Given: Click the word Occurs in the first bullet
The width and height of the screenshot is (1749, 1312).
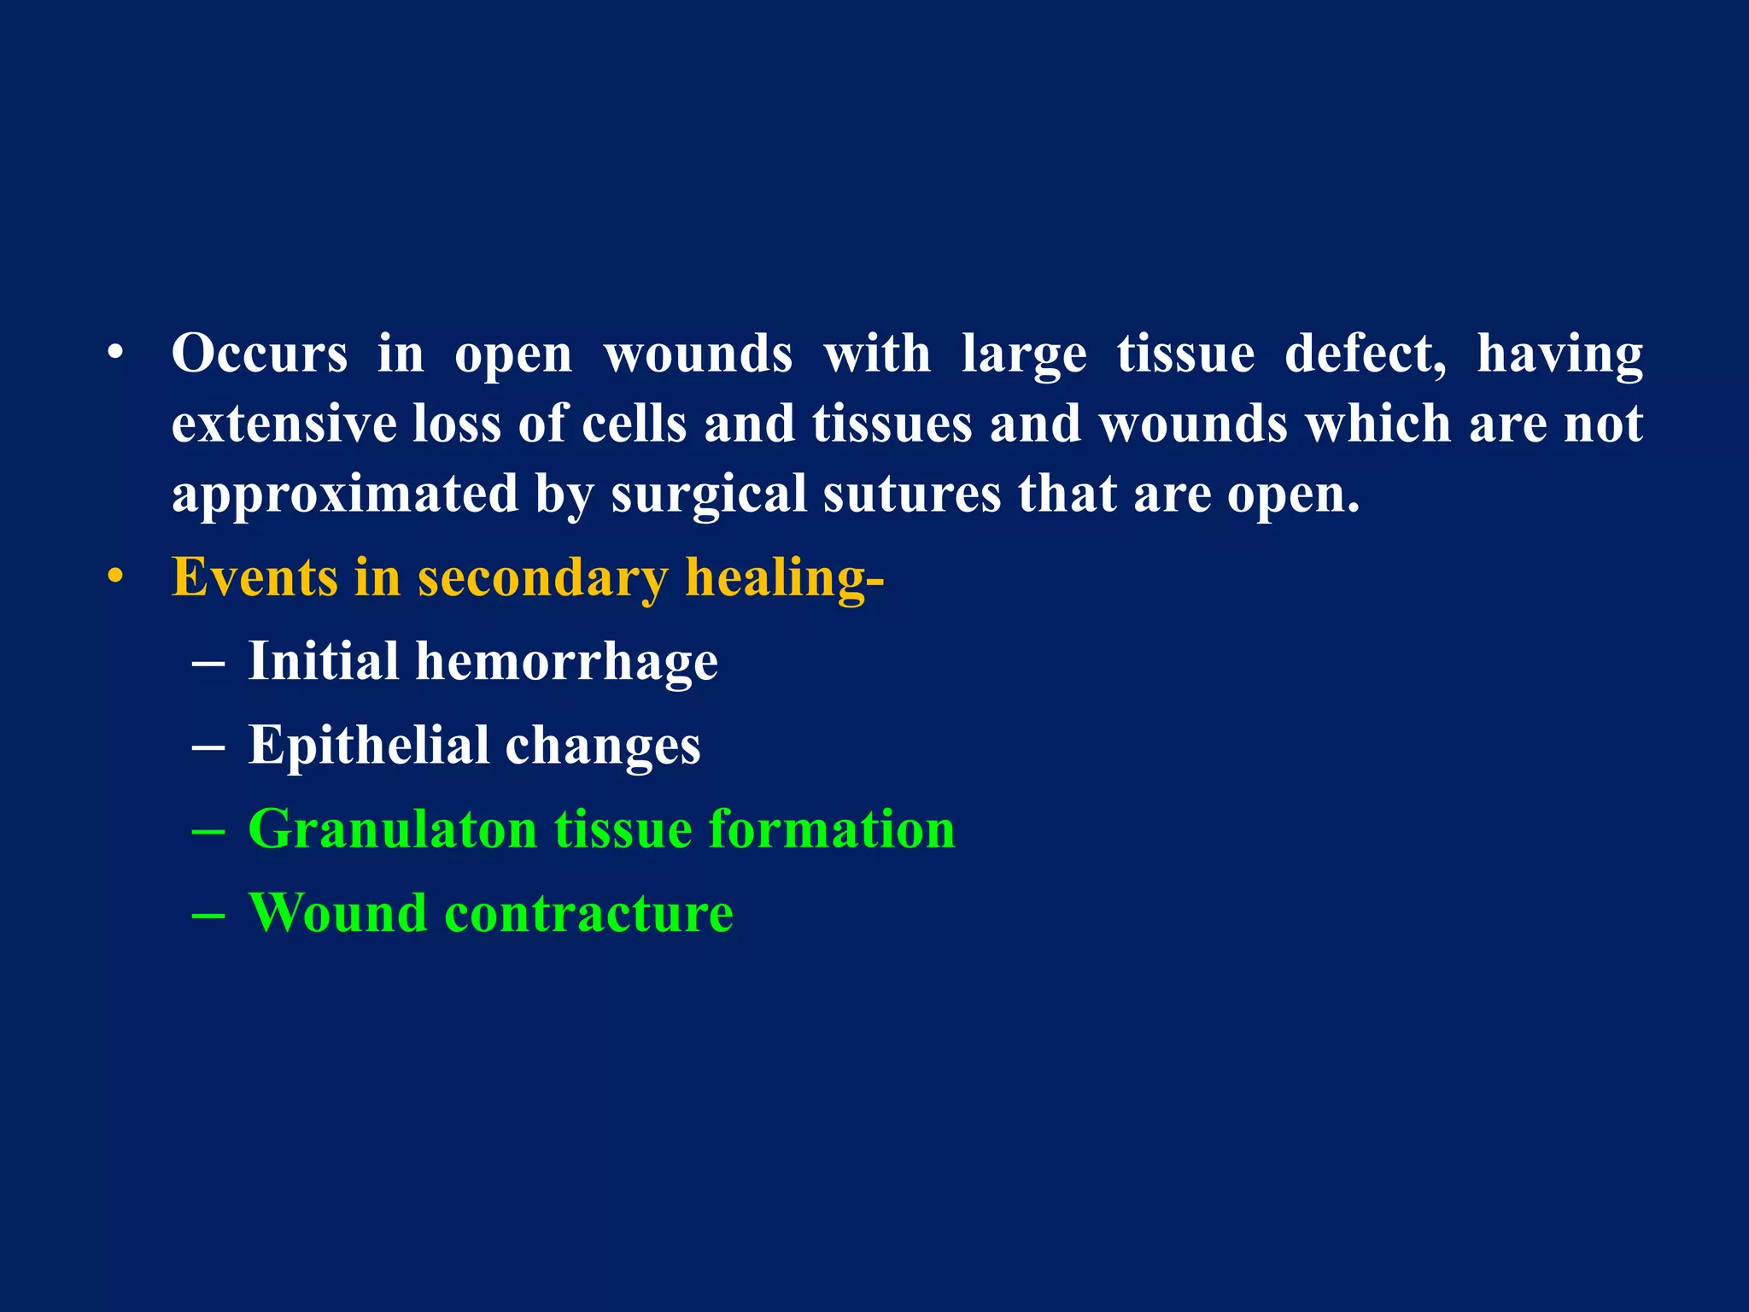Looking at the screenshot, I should click(260, 354).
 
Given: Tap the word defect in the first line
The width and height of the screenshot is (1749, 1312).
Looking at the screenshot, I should click(1365, 354).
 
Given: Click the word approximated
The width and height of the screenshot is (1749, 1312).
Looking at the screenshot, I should click(345, 495).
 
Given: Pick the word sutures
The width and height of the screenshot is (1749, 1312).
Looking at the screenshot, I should click(911, 495).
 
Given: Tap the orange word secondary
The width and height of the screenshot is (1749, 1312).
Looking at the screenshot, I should click(542, 579).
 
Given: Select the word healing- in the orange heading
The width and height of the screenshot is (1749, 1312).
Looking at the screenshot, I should click(784, 579).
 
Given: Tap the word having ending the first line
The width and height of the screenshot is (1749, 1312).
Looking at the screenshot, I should click(1559, 354).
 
